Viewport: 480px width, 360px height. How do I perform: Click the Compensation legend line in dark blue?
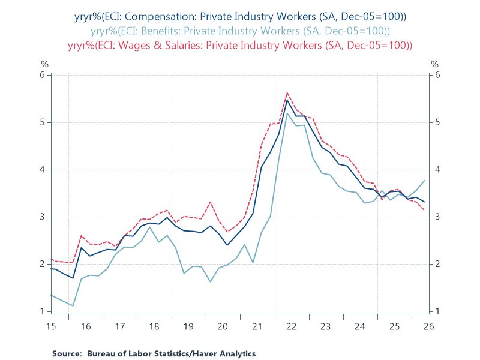point(241,17)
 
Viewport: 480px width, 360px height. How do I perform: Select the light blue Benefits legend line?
point(241,31)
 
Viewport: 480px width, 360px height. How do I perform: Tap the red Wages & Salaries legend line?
point(241,46)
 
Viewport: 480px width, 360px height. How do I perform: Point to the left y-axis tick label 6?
point(42,75)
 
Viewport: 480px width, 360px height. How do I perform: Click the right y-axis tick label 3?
point(437,217)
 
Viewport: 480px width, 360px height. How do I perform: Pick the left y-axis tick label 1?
point(42,311)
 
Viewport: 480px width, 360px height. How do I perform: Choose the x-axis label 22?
point(292,326)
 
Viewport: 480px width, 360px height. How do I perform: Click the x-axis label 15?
point(51,326)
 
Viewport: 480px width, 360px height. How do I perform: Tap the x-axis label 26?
point(428,326)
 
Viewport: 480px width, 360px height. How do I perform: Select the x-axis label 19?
point(188,326)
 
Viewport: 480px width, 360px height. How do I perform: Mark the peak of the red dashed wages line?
point(287,92)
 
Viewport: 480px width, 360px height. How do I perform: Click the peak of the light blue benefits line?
point(287,113)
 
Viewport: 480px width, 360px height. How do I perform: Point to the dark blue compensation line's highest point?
point(287,100)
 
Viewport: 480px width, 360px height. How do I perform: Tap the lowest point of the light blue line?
point(73,305)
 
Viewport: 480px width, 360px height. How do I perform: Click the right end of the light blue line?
point(425,181)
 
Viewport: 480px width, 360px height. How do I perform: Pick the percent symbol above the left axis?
point(44,64)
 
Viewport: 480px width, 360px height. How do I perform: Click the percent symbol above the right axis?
point(434,64)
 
